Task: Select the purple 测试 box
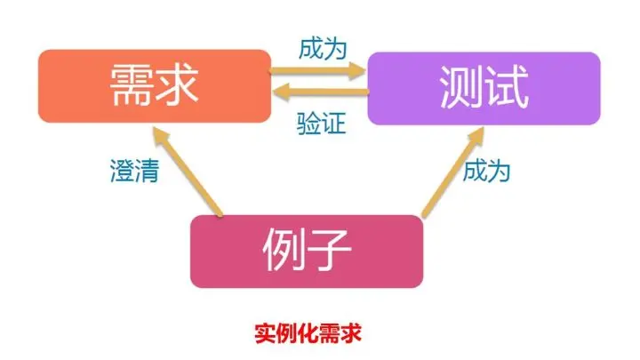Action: coord(484,87)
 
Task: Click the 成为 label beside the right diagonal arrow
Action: coord(486,170)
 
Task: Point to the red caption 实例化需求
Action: coord(308,333)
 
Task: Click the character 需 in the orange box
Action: coord(130,86)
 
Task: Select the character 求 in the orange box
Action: coord(175,86)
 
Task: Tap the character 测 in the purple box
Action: coord(461,87)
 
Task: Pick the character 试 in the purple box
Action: coord(507,87)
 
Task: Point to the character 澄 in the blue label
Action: coord(118,170)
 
